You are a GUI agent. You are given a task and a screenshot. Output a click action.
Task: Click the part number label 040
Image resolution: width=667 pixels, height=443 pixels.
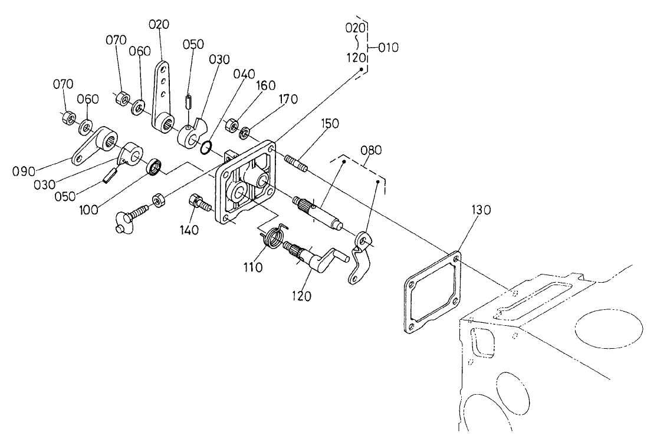click(x=244, y=74)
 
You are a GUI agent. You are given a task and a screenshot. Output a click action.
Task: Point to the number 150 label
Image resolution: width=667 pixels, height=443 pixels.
click(x=331, y=124)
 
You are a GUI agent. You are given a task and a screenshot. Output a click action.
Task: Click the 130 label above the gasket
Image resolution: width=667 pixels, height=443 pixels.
click(x=481, y=210)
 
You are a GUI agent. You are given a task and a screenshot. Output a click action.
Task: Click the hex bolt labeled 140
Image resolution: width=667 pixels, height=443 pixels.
click(x=199, y=204)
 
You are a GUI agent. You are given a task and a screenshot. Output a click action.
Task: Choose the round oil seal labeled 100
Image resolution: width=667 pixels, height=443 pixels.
click(x=155, y=167)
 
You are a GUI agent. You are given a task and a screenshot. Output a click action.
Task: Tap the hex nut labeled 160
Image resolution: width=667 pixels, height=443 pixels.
click(x=232, y=125)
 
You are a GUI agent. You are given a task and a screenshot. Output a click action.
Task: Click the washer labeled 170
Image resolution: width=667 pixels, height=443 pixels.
click(x=244, y=131)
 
